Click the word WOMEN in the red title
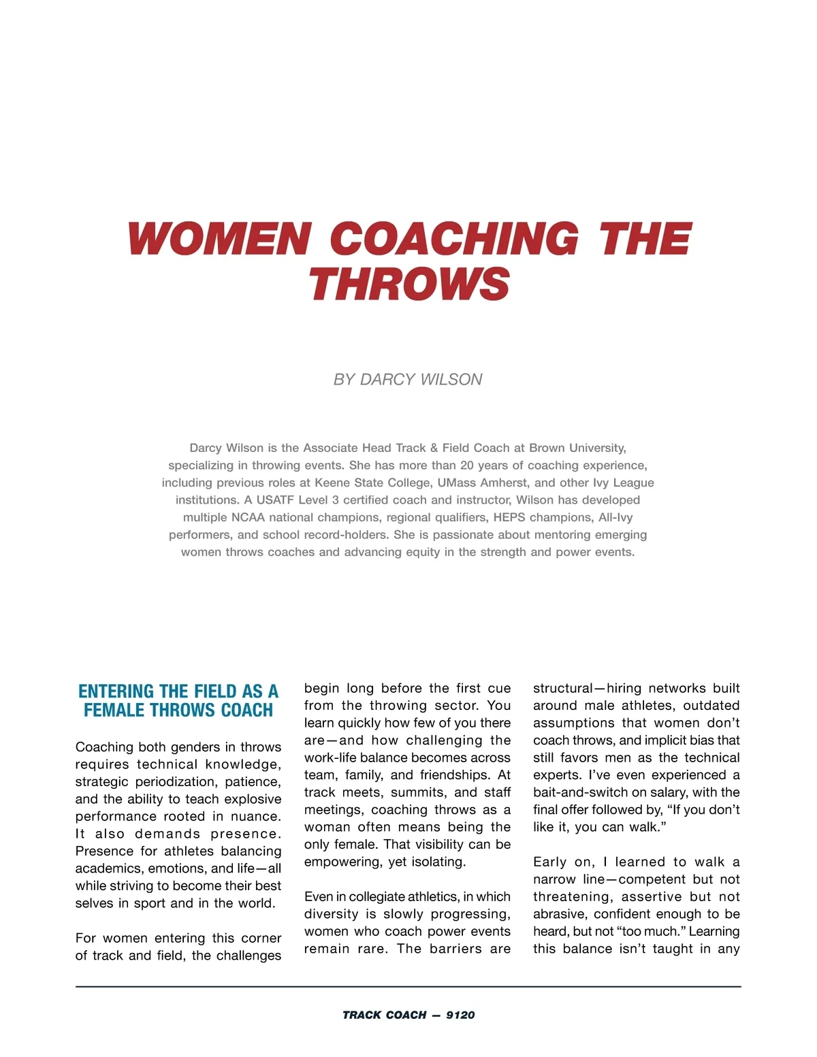218,239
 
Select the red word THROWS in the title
409,284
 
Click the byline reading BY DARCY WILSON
408,380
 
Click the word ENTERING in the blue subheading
116,692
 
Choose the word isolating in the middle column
436,862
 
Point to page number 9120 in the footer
460,1015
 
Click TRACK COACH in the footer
384,1015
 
